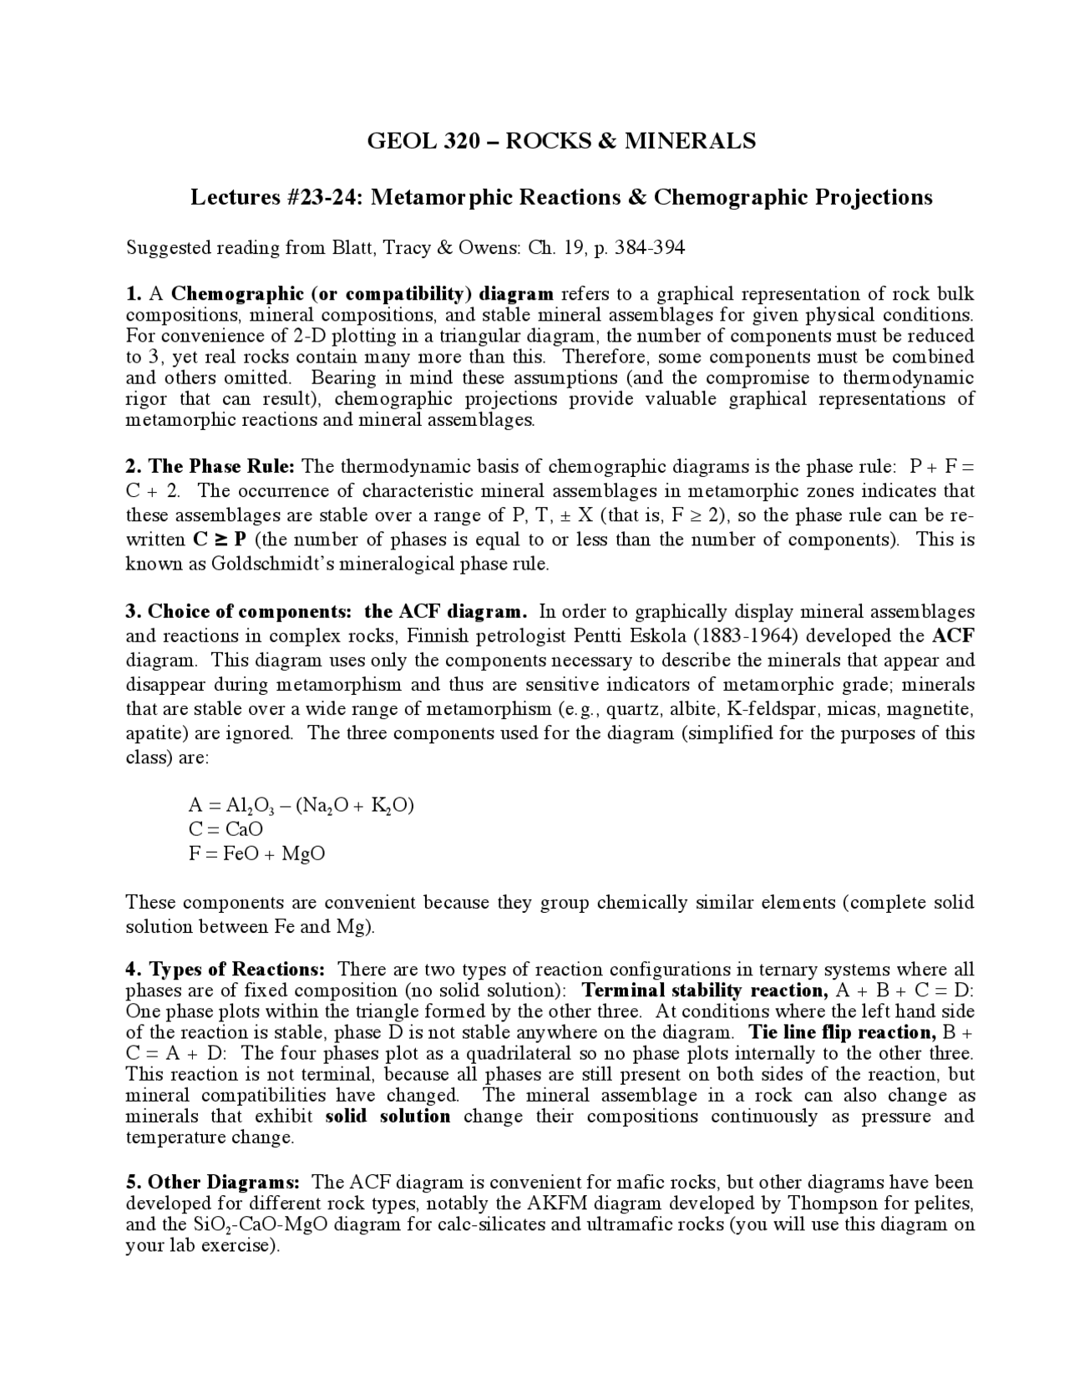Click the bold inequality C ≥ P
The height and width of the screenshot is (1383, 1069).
[219, 540]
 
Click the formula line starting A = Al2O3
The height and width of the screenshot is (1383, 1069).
[301, 805]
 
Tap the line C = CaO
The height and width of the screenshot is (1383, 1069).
[225, 829]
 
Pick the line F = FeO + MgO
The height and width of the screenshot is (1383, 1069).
[256, 854]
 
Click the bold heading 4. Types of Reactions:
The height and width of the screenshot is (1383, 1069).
[225, 970]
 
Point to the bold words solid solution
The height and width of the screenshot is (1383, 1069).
[388, 1117]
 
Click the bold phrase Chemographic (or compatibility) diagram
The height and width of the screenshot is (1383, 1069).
[362, 294]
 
